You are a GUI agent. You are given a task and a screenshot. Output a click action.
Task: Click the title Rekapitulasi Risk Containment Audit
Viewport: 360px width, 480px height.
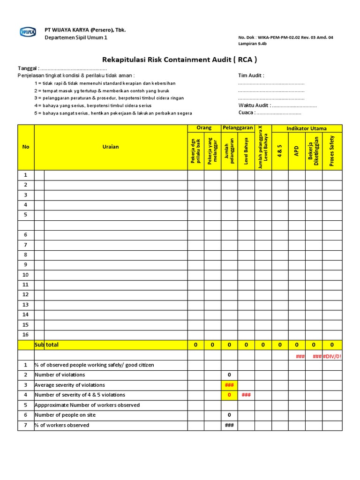pyautogui.click(x=180, y=60)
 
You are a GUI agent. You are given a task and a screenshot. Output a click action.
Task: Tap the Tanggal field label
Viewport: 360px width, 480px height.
pyautogui.click(x=28, y=68)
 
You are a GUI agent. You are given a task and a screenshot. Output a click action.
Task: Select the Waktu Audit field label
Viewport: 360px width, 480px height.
pyautogui.click(x=254, y=105)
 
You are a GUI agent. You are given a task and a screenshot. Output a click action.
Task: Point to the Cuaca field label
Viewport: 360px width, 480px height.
pyautogui.click(x=247, y=112)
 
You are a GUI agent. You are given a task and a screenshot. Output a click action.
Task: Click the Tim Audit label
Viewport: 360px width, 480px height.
pyautogui.click(x=251, y=75)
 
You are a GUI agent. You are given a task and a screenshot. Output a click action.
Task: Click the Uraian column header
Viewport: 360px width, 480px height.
pyautogui.click(x=111, y=147)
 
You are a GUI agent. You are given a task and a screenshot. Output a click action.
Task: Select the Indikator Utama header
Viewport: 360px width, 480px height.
pyautogui.click(x=307, y=128)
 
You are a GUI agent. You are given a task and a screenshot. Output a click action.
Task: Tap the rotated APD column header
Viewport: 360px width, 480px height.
pyautogui.click(x=296, y=150)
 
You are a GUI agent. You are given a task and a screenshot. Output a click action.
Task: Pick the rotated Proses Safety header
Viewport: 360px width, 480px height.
pyautogui.click(x=332, y=150)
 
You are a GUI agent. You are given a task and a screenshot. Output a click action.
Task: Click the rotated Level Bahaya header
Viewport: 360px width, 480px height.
pyautogui.click(x=246, y=150)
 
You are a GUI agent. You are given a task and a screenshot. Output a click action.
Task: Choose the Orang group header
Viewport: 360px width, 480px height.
pyautogui.click(x=204, y=128)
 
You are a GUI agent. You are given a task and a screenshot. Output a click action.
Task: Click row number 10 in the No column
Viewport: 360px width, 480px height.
pyautogui.click(x=26, y=275)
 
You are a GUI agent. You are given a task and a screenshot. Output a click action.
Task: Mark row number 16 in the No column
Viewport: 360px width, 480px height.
pyautogui.click(x=26, y=335)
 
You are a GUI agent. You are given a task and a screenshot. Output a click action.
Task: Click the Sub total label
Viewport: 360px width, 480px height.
pyautogui.click(x=47, y=345)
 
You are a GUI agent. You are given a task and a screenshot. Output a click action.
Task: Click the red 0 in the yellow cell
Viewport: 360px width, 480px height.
pyautogui.click(x=229, y=395)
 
